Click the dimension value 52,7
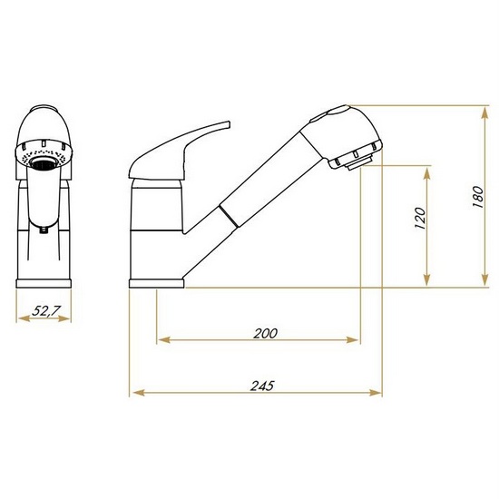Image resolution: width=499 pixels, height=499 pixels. (45, 310)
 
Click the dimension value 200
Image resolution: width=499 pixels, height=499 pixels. (265, 333)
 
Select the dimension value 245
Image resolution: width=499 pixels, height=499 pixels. (261, 385)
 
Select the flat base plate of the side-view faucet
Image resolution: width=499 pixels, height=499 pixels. (158, 283)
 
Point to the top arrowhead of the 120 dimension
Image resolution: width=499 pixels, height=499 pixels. (426, 171)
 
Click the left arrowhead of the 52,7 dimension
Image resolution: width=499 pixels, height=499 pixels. (20, 318)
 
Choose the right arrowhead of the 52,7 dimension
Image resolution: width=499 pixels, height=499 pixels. (71, 318)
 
